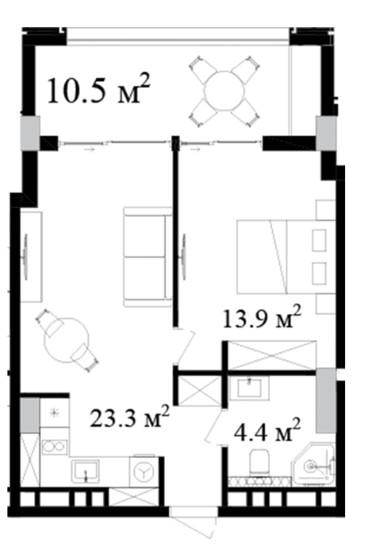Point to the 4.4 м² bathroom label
[266, 429]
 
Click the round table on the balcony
[225, 91]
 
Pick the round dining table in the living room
[66, 341]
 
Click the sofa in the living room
[148, 256]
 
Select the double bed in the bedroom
[286, 256]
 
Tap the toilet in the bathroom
[259, 462]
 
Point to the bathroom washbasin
[249, 388]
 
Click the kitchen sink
[85, 471]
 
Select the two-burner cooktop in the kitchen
[54, 447]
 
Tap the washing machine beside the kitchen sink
[144, 471]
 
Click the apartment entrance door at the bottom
[193, 523]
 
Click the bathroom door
[216, 426]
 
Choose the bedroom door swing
[184, 347]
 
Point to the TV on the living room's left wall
[25, 256]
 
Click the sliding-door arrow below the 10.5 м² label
[89, 150]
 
